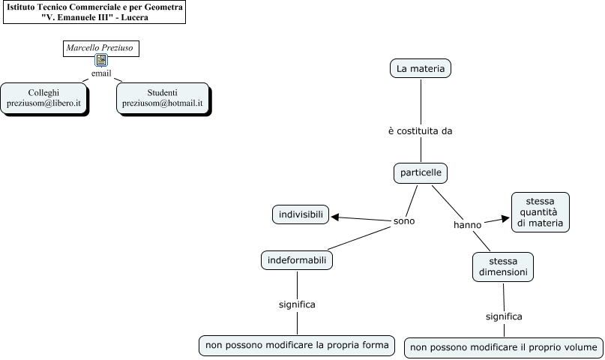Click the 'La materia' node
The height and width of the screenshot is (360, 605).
[420, 69]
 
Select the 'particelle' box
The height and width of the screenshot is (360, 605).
[421, 173]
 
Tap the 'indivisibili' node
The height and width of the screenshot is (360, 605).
[300, 215]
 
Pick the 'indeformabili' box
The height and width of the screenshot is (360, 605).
[297, 260]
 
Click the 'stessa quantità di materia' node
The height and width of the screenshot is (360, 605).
[540, 211]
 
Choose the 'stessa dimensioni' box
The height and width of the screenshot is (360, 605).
[503, 266]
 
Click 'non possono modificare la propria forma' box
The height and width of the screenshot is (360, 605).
[297, 345]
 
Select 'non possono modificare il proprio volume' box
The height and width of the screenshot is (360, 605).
[504, 347]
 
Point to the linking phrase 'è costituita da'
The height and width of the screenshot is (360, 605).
[420, 130]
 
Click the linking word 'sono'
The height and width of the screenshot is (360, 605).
[404, 221]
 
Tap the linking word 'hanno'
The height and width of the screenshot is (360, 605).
[467, 225]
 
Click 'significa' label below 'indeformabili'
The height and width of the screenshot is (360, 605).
[297, 304]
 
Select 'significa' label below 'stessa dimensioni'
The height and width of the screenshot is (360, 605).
[504, 316]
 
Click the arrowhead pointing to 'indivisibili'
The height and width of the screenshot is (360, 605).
[335, 217]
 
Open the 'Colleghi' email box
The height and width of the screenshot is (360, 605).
[43, 98]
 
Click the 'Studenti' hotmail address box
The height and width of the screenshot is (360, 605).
[162, 98]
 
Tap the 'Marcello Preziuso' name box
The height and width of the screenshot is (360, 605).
[100, 48]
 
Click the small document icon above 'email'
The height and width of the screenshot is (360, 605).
[100, 62]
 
